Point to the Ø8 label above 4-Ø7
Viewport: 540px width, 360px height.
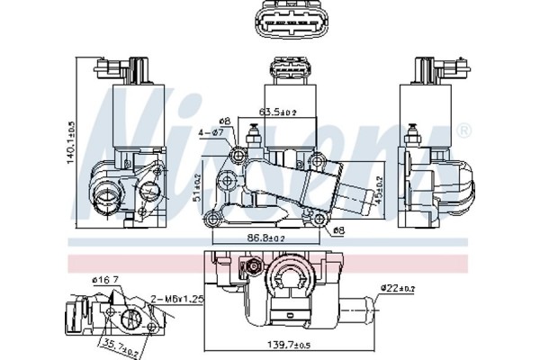point(226,120)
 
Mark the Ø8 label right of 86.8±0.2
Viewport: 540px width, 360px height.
point(337,230)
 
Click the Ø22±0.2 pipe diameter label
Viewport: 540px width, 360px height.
point(398,287)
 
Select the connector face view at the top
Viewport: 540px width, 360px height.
point(283,22)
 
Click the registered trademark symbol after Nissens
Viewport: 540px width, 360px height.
point(463,132)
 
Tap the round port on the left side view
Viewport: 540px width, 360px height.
point(107,191)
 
